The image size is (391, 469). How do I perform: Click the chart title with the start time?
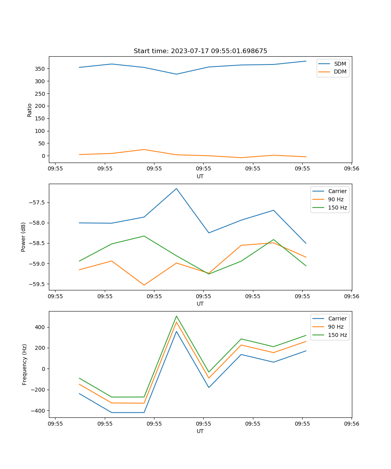coord(200,51)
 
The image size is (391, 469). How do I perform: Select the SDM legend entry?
coord(339,64)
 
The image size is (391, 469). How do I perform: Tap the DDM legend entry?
coord(340,72)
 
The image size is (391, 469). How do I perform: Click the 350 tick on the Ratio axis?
coord(41,69)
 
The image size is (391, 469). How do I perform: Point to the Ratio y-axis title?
coord(30,110)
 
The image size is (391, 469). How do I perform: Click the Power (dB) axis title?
coord(23,237)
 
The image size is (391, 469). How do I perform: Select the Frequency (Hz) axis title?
coord(25,364)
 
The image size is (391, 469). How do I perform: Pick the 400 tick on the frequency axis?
coord(39,327)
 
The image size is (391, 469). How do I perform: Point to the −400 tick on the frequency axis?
coord(38,411)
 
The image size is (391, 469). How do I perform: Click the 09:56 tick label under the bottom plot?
coord(351,423)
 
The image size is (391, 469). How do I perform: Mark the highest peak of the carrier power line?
coord(176,189)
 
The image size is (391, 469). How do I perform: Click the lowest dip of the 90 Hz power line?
coord(144,285)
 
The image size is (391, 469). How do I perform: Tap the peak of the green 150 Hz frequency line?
coord(176,316)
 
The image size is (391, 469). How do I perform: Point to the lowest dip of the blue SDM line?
coord(176,74)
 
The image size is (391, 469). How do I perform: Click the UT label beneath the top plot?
coord(200,176)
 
